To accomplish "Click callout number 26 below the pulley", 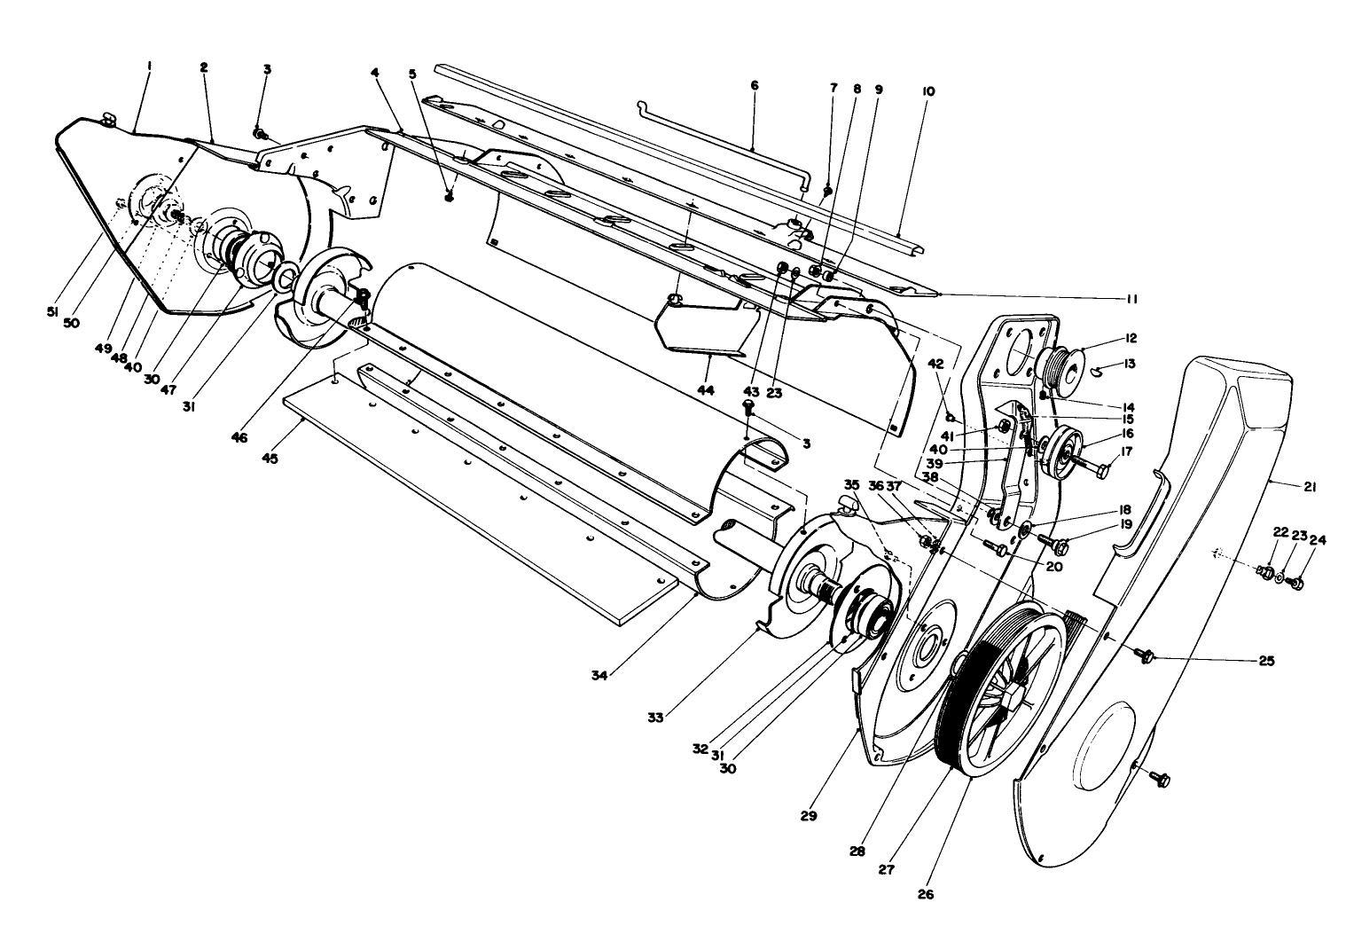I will (925, 894).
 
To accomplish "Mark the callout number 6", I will (755, 86).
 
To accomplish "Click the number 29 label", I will (808, 814).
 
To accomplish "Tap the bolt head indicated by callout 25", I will (1146, 657).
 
